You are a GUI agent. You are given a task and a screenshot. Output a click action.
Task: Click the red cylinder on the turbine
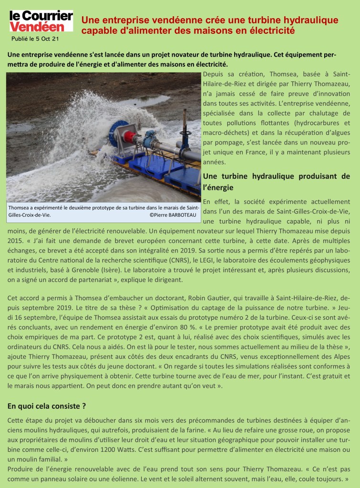[x=130, y=138]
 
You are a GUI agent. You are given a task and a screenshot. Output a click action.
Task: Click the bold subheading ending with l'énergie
[x=276, y=182]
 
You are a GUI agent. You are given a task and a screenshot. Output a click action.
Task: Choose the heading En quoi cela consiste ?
[x=47, y=406]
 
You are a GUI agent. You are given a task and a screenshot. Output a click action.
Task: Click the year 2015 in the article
[x=17, y=241]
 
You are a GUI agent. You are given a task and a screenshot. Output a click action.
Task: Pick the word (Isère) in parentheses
[x=135, y=270]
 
